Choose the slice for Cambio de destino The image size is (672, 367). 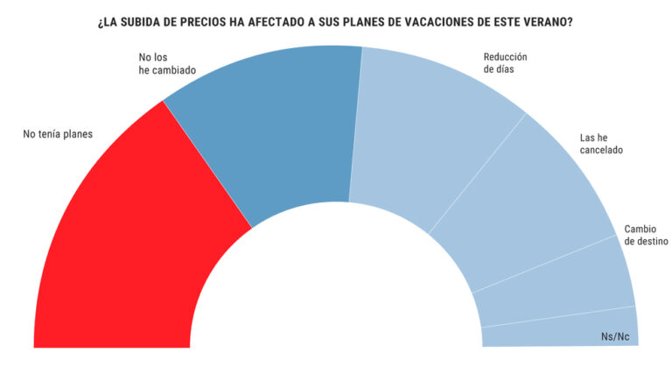(x=560, y=280)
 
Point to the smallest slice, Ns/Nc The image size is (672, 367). (x=560, y=328)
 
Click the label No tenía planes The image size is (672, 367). (x=58, y=134)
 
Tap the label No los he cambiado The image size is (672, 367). (x=167, y=64)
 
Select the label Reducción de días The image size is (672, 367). (x=505, y=64)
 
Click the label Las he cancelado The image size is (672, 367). (x=601, y=144)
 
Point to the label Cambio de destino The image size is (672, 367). (x=646, y=235)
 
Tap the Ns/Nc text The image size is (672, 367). (x=615, y=336)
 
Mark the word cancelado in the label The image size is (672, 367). (x=601, y=150)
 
